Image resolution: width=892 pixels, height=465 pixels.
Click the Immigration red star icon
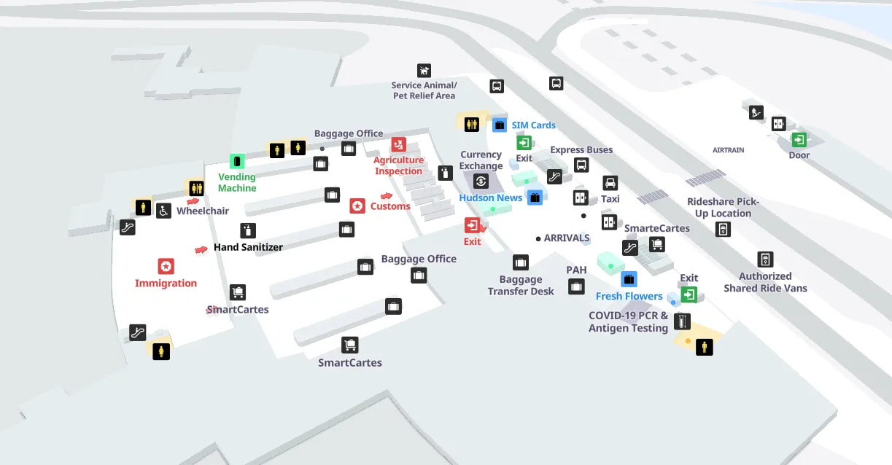click(166, 266)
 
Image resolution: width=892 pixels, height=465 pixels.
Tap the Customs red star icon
click(357, 206)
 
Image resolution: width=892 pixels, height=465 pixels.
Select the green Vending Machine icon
click(237, 161)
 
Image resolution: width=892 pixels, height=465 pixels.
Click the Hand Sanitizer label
click(248, 247)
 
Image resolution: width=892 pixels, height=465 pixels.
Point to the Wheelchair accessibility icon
click(163, 211)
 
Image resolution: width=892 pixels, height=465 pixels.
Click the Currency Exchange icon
click(481, 181)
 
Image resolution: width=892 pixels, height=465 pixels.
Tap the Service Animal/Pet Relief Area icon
click(424, 71)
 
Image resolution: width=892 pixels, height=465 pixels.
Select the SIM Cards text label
click(533, 125)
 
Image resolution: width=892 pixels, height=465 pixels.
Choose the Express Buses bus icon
click(581, 165)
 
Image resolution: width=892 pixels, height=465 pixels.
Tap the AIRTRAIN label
click(729, 150)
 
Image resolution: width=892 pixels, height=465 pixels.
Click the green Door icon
click(799, 139)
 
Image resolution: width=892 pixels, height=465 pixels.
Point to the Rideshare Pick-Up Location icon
click(723, 230)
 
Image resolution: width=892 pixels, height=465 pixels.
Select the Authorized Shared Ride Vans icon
click(765, 259)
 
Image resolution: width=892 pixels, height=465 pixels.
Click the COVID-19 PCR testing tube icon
click(682, 321)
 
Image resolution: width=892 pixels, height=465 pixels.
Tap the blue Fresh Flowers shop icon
click(629, 279)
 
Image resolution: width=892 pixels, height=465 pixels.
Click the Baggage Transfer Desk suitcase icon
click(521, 262)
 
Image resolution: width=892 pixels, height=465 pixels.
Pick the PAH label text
click(576, 270)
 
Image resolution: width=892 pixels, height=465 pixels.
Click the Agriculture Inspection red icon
click(398, 144)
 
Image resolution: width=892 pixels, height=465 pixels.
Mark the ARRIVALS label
click(567, 238)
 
